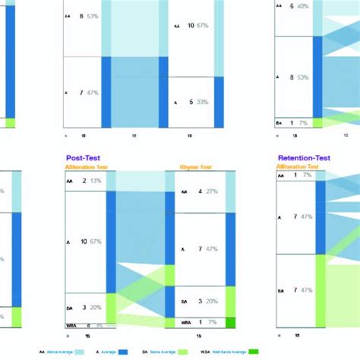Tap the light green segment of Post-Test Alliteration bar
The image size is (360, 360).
tap(111, 308)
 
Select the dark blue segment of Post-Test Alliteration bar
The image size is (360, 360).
tap(111, 242)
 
